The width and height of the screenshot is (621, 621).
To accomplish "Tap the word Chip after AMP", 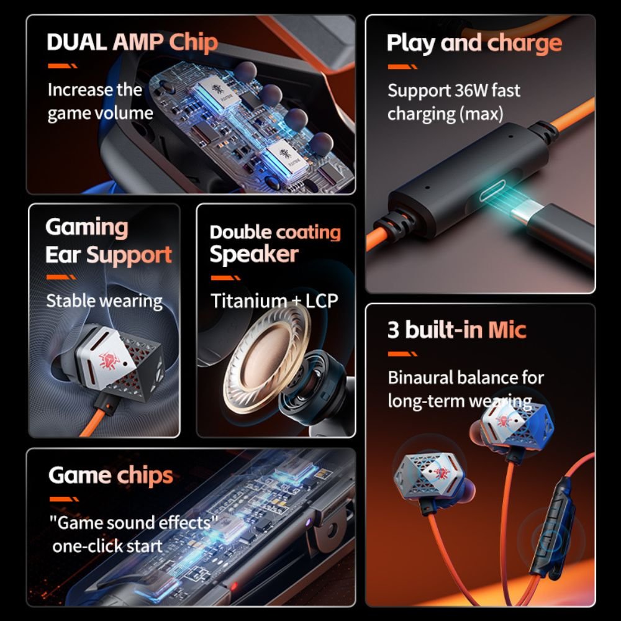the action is point(194,43).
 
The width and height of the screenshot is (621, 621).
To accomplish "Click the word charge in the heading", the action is point(524,43).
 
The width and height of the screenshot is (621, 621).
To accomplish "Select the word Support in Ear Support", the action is point(129,255).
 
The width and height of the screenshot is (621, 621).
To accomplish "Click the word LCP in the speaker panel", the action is point(322,301).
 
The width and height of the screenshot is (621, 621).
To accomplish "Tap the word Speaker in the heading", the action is point(254,255).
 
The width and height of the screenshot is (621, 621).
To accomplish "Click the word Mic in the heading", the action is point(507,330).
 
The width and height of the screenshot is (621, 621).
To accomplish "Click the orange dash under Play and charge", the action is point(402,66).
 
